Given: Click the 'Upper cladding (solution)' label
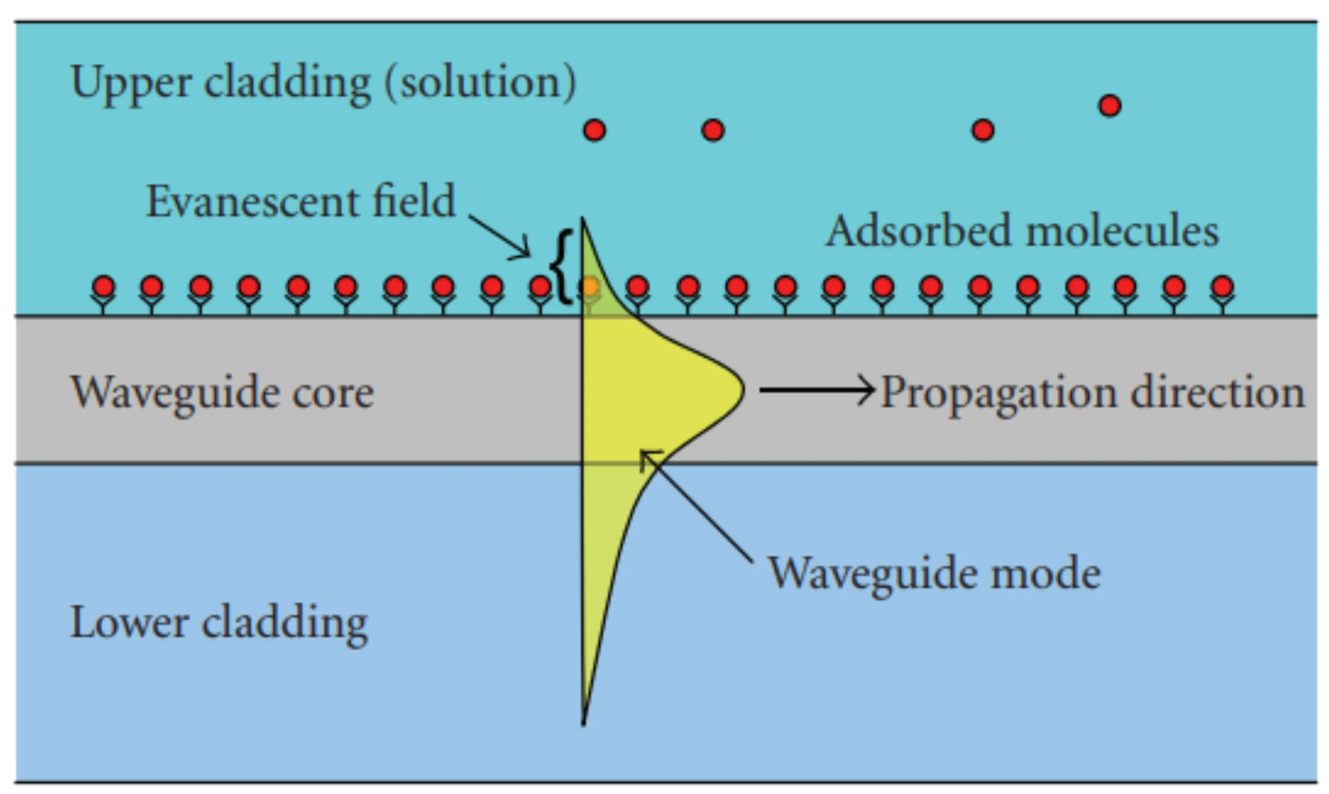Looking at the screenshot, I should pos(323,83).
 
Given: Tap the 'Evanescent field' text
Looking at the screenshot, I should pos(301,202).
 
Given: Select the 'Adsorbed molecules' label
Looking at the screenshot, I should pos(1022,231).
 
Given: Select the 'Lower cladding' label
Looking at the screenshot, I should pos(219,623).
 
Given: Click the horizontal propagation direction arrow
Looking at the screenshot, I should pos(816,390).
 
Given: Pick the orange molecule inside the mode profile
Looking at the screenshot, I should pos(589,287).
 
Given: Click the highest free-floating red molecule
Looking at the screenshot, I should pos(1110,105).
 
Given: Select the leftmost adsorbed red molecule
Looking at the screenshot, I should pos(103,287).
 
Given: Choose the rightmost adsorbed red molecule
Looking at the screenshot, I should pos(1223,287).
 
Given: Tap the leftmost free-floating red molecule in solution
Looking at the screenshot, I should pos(595,130).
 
